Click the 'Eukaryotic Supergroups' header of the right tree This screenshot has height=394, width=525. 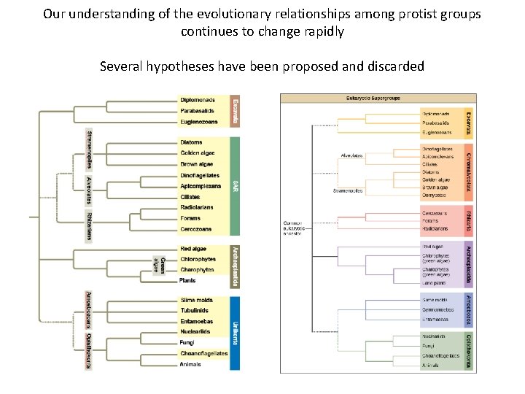pyautogui.click(x=377, y=97)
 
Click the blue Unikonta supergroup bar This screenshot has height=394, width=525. pyautogui.click(x=235, y=332)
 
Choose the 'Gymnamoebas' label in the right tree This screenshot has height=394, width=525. pyautogui.click(x=439, y=310)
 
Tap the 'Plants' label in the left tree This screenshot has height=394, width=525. pyautogui.click(x=188, y=280)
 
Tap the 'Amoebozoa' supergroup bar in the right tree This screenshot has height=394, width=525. pyautogui.click(x=469, y=310)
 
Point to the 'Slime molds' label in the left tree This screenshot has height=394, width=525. pyautogui.click(x=197, y=300)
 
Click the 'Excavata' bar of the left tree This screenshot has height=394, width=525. pyautogui.click(x=235, y=111)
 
